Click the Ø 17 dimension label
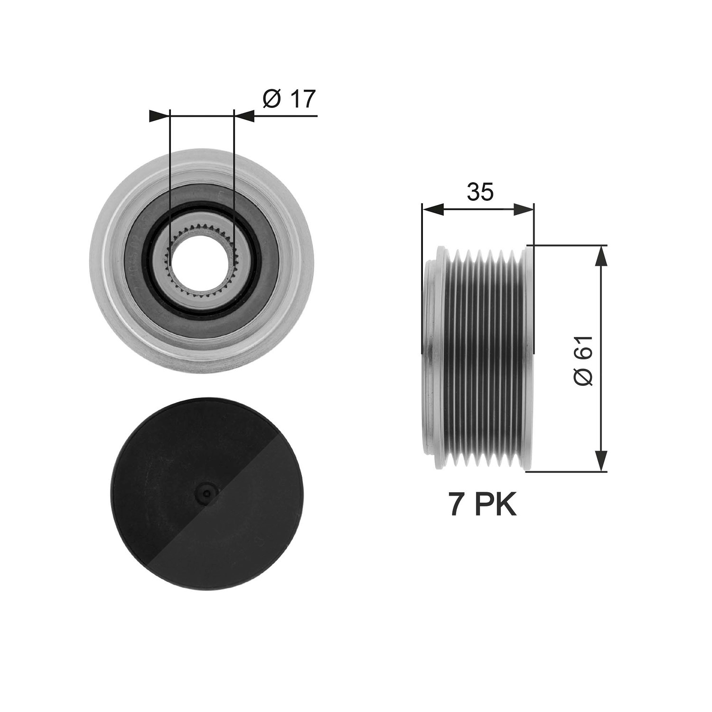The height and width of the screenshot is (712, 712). (289, 99)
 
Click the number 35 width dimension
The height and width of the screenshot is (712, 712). (480, 192)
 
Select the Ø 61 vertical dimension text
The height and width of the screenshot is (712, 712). (583, 361)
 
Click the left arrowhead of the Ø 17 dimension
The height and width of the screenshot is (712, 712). (159, 116)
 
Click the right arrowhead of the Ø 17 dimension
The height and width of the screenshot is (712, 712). (244, 116)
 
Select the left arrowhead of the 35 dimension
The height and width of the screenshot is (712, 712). (432, 209)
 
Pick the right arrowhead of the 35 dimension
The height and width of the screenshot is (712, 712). (524, 209)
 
